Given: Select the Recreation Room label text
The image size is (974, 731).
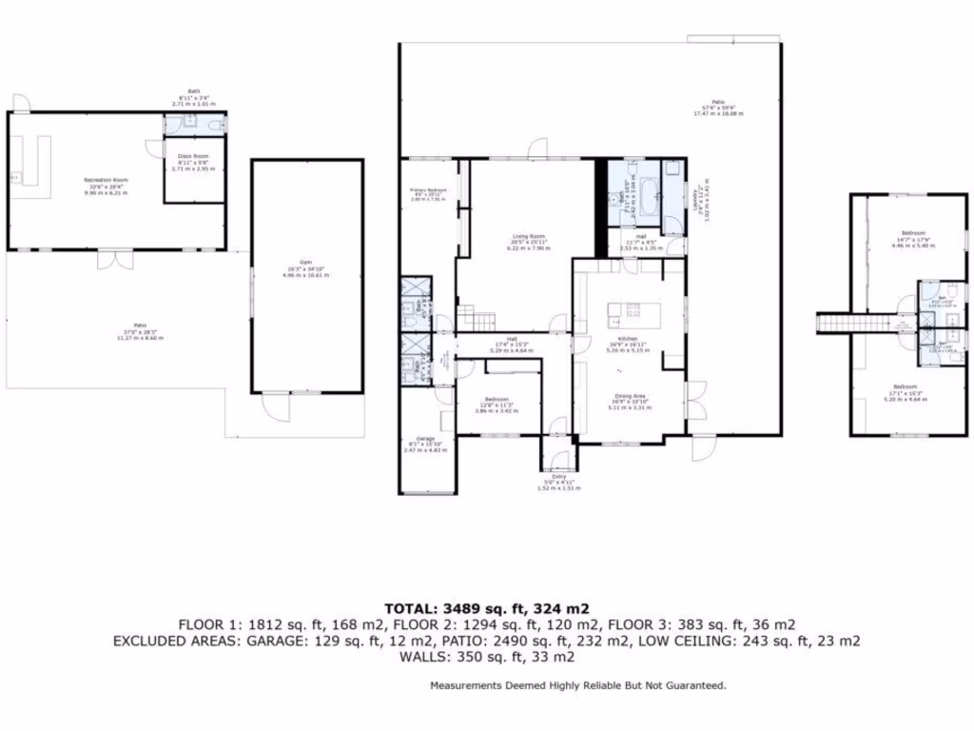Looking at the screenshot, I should (x=106, y=179).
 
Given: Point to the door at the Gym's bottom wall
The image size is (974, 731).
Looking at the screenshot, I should (x=276, y=406).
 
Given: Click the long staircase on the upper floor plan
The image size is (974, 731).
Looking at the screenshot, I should (x=840, y=323).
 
